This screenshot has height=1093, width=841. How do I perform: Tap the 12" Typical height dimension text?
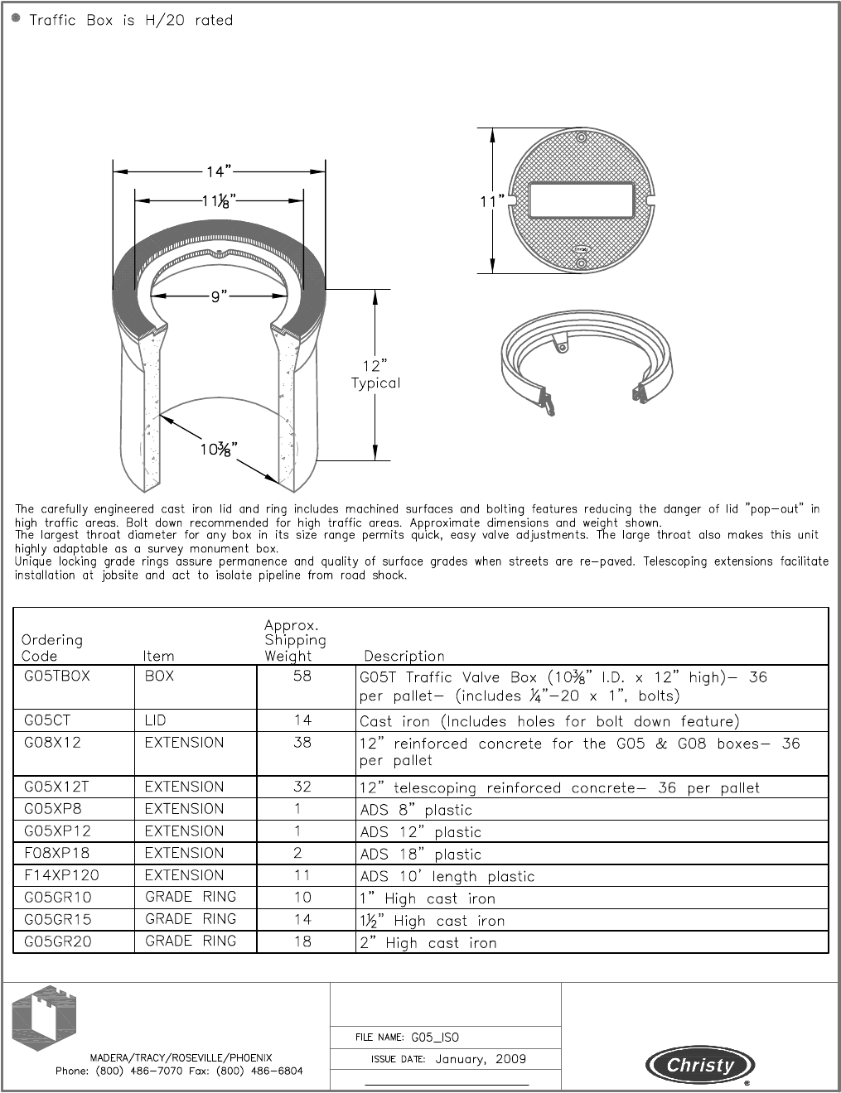(375, 374)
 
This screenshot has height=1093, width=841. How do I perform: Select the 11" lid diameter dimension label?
(491, 201)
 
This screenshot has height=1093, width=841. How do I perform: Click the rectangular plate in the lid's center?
(581, 200)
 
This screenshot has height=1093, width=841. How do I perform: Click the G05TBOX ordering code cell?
(57, 677)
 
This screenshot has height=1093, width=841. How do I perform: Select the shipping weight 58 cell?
(302, 677)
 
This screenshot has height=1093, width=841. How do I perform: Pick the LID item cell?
(155, 720)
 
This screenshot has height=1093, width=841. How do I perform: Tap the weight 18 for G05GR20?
(302, 941)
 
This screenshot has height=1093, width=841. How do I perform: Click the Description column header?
(404, 656)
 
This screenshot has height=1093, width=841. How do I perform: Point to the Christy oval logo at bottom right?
(700, 1066)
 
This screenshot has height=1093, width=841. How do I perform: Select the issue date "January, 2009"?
(481, 1059)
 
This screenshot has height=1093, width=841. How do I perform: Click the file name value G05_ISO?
(435, 1038)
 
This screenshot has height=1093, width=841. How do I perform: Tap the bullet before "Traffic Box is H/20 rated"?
(17, 19)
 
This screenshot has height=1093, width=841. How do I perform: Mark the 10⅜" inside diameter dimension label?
(219, 449)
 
